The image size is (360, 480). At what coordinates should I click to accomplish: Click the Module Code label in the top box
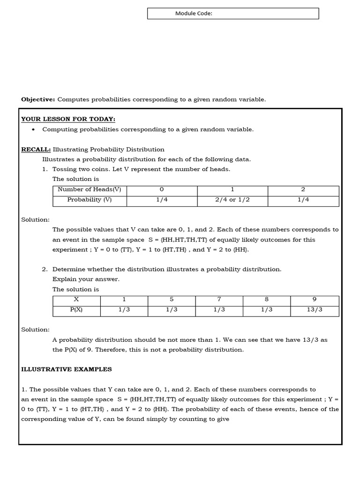[194, 14]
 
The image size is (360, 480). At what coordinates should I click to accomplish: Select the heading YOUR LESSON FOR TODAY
[68, 119]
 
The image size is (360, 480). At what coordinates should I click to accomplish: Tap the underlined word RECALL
[36, 150]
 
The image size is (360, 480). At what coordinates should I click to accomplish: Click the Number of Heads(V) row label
[89, 190]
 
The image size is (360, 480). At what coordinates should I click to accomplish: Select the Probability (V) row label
[89, 200]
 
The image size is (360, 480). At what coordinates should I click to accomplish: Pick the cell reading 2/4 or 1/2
[232, 200]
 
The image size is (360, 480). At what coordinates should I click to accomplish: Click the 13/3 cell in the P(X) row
[315, 310]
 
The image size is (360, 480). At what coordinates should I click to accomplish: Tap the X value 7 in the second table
[219, 300]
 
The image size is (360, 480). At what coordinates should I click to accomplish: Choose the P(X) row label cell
[76, 310]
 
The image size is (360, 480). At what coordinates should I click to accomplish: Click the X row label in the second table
[76, 300]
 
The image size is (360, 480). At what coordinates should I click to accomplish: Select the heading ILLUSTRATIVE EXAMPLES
[67, 369]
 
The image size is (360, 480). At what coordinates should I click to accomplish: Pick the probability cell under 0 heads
[161, 200]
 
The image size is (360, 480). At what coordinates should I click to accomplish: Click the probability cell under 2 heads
[303, 200]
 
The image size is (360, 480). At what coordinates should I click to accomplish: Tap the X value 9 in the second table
[315, 300]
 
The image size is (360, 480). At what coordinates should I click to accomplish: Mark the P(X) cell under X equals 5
[171, 310]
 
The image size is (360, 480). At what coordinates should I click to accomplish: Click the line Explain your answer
[86, 279]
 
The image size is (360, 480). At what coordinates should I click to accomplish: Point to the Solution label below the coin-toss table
[35, 220]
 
